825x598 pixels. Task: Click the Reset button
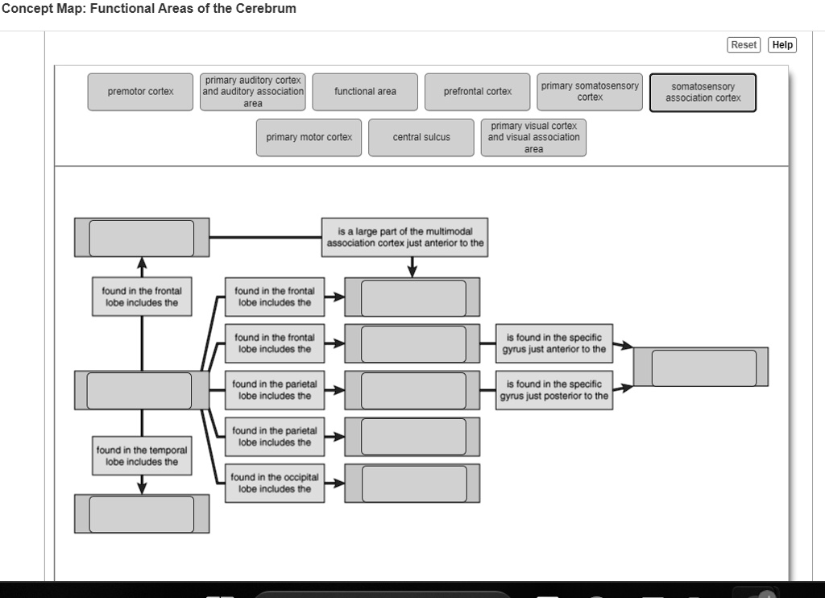click(x=744, y=45)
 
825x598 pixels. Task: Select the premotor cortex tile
click(x=141, y=92)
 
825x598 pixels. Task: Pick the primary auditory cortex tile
click(x=253, y=92)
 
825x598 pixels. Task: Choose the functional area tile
click(x=365, y=92)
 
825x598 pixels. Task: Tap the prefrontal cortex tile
click(x=478, y=92)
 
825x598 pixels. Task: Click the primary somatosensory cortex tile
click(x=590, y=92)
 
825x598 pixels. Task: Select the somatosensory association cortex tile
click(x=703, y=93)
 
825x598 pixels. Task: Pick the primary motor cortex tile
click(x=309, y=138)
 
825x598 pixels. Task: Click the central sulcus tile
click(x=421, y=138)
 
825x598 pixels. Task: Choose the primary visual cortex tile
click(x=533, y=138)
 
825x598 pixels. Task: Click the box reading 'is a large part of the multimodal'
click(x=405, y=238)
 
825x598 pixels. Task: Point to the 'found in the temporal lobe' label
click(x=142, y=456)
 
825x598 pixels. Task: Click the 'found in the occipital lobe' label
click(x=275, y=484)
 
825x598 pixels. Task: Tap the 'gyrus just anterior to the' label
click(x=553, y=343)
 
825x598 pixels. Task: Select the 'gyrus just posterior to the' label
click(x=553, y=390)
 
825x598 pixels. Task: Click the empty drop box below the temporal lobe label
click(x=142, y=514)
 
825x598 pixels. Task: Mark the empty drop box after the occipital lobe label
click(x=413, y=484)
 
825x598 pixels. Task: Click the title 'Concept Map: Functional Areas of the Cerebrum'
click(x=149, y=9)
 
